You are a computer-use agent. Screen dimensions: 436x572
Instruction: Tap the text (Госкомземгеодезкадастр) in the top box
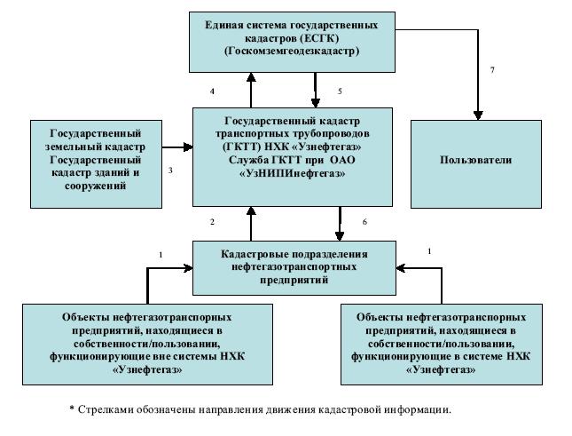(x=292, y=52)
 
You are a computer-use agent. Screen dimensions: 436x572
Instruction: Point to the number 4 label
(x=213, y=91)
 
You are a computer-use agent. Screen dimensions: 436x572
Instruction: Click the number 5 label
(x=339, y=91)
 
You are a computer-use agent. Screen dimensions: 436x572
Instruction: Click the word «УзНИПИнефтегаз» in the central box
(x=292, y=176)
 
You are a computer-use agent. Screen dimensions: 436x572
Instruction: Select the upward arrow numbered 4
(x=251, y=90)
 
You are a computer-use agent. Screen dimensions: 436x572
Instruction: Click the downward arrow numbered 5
(x=315, y=90)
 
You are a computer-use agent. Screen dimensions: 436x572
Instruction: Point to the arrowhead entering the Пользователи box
(x=478, y=114)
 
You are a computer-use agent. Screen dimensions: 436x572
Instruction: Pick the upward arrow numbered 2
(x=251, y=221)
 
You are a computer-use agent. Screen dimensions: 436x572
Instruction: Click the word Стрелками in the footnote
(x=105, y=409)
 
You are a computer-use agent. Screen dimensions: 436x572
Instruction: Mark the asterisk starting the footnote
(x=72, y=408)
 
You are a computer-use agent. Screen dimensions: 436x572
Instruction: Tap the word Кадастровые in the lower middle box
(x=253, y=253)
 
